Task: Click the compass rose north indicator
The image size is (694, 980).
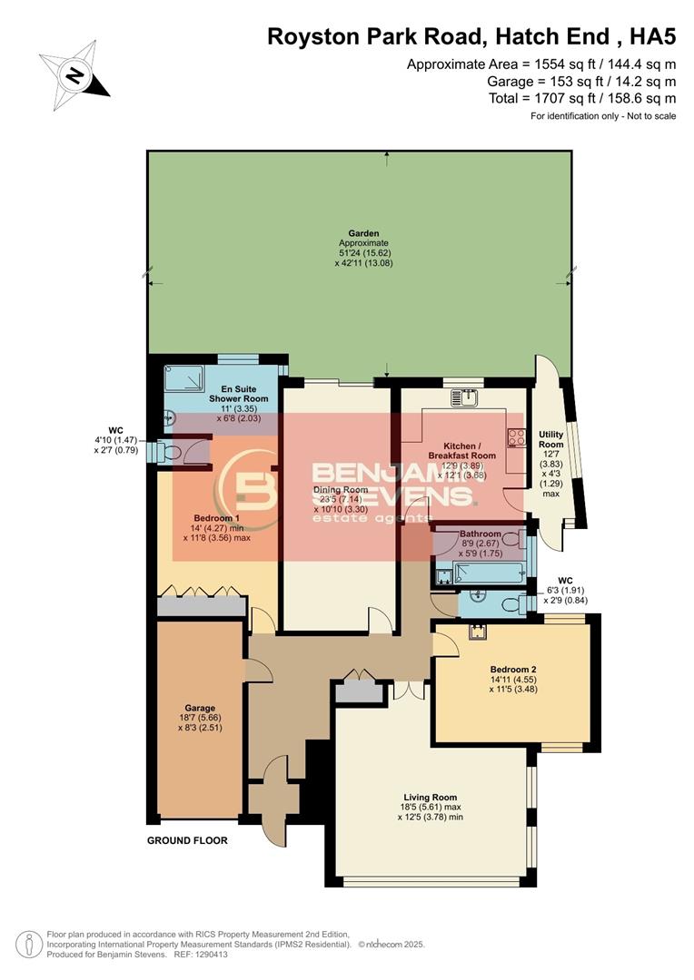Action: [x=74, y=72]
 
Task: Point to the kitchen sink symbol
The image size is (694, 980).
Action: [x=471, y=397]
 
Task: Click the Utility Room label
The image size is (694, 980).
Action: [x=551, y=440]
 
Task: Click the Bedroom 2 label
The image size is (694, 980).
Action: [x=515, y=669]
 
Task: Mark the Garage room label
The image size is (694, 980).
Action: [x=200, y=708]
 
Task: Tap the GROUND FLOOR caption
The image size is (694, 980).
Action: [x=187, y=841]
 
